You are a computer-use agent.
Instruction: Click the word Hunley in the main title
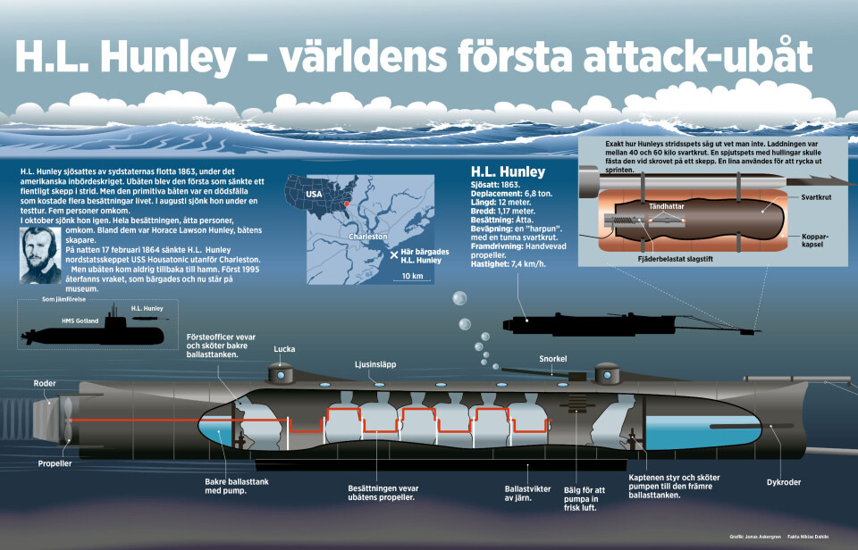(166, 57)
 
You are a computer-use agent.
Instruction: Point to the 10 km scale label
(413, 275)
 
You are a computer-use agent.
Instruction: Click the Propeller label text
(55, 464)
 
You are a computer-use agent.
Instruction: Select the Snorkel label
(553, 359)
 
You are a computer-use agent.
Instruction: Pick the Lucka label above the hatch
(285, 349)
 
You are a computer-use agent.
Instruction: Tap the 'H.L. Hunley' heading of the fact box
(508, 171)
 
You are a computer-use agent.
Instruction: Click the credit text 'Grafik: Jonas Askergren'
(753, 537)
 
